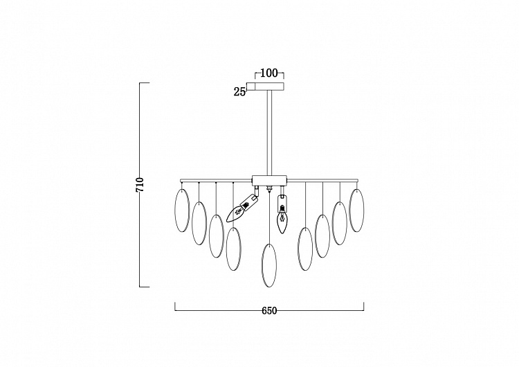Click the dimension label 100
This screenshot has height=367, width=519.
point(269,73)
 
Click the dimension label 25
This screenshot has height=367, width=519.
point(239,91)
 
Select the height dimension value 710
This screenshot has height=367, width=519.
point(140,185)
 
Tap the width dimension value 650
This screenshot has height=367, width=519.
point(269,311)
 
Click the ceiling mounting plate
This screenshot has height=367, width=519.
point(269,86)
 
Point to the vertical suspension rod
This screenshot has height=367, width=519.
point(269,132)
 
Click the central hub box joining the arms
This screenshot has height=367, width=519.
point(269,180)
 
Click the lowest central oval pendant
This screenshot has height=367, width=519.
point(269,265)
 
